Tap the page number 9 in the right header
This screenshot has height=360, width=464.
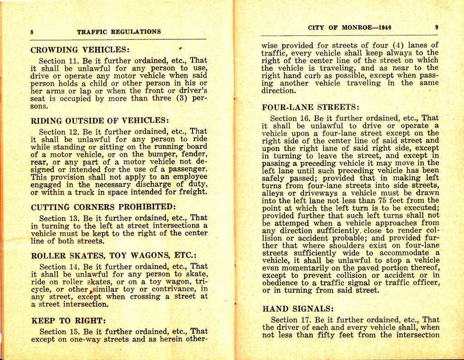tap(436, 27)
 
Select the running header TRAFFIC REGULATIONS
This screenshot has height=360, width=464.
tap(119, 32)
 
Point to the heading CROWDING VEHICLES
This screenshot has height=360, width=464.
tap(80, 50)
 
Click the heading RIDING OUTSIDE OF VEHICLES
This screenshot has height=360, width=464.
tap(100, 121)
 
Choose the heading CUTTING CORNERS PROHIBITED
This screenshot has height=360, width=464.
tap(103, 207)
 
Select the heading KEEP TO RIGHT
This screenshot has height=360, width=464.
tap(68, 321)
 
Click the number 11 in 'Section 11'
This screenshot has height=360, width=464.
tap(73, 61)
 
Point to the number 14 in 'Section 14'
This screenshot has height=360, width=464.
tap(74, 267)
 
